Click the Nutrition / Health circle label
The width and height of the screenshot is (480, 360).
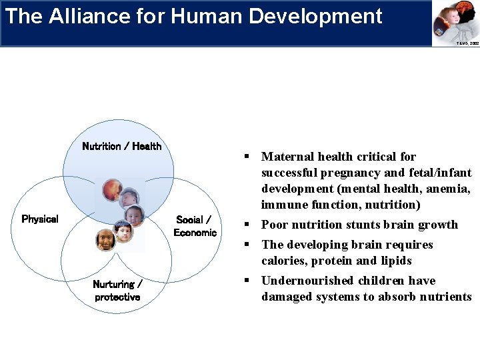pyautogui.click(x=121, y=146)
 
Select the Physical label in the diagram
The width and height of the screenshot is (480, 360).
pyautogui.click(x=40, y=219)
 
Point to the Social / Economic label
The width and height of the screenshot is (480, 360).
pyautogui.click(x=195, y=226)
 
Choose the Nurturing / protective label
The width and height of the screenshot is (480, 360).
pyautogui.click(x=117, y=291)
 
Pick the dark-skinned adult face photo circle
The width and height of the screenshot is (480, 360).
pyautogui.click(x=105, y=239)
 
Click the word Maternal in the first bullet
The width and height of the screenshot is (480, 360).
pyautogui.click(x=285, y=157)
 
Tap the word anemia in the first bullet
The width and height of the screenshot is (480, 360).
pyautogui.click(x=451, y=189)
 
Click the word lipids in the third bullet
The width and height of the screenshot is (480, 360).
pyautogui.click(x=396, y=261)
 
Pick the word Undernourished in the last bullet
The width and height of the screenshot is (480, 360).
pyautogui.click(x=305, y=281)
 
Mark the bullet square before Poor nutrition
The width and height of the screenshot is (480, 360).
pyautogui.click(x=246, y=225)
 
